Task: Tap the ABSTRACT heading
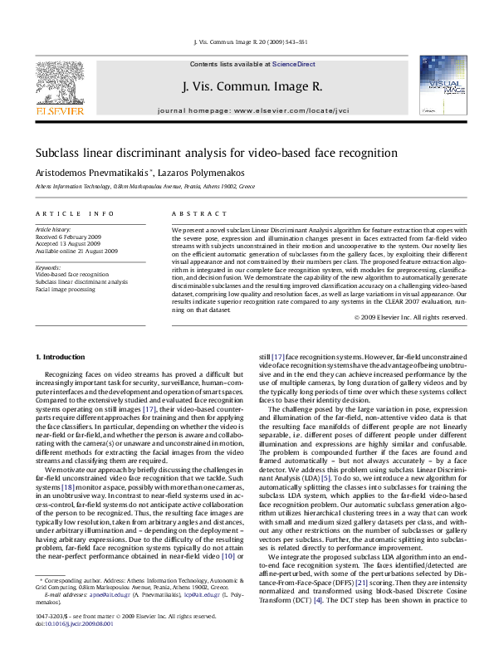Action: [x=188, y=214]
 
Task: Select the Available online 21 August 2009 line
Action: [x=76, y=251]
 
